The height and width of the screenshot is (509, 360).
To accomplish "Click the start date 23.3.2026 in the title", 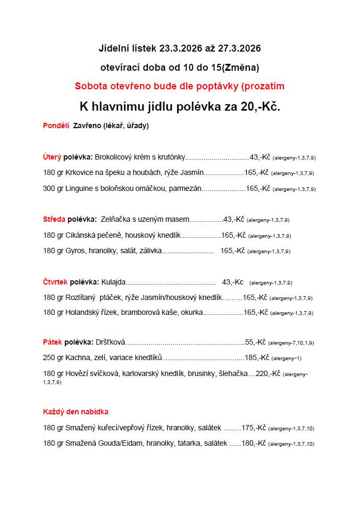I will click(x=180, y=48).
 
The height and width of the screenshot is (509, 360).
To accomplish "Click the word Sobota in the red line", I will click(x=92, y=86).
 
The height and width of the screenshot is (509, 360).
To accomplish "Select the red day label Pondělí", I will click(x=56, y=126).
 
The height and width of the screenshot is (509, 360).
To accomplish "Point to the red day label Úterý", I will click(x=52, y=157).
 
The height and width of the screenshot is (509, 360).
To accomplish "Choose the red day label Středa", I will click(x=54, y=219).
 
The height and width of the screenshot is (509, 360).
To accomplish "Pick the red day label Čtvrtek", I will click(x=55, y=282).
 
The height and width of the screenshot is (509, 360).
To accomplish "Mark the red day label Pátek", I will click(x=53, y=343).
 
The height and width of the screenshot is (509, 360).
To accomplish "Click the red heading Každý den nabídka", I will click(x=76, y=412).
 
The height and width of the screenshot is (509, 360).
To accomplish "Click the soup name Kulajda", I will click(x=113, y=282).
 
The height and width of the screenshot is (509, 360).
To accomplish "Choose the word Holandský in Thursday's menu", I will click(x=83, y=313).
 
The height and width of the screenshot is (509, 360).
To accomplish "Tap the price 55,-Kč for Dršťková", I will click(x=255, y=343).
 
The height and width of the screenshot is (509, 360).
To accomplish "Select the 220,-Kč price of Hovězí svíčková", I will click(x=268, y=374).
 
